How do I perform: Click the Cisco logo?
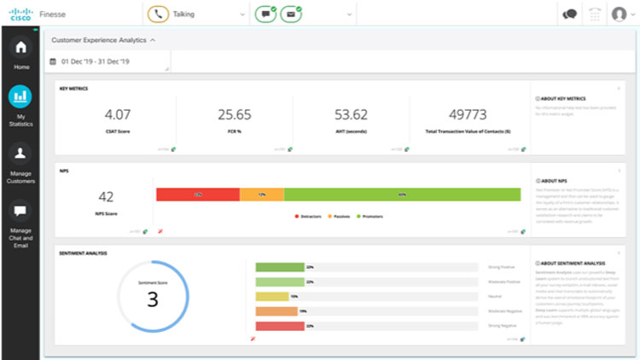pyautogui.click(x=20, y=14)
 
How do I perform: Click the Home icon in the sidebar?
pyautogui.click(x=20, y=48)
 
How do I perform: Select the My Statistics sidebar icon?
pyautogui.click(x=20, y=96)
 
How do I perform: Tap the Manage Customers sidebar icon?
pyautogui.click(x=20, y=154)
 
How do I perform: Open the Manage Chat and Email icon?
pyautogui.click(x=20, y=211)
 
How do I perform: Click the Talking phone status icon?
pyautogui.click(x=157, y=14)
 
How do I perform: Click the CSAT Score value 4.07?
pyautogui.click(x=118, y=114)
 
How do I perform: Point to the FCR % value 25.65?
pyautogui.click(x=235, y=114)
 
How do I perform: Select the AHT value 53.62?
pyautogui.click(x=351, y=114)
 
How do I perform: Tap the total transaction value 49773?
pyautogui.click(x=468, y=114)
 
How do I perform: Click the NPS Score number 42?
pyautogui.click(x=107, y=197)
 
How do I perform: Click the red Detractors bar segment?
pyautogui.click(x=197, y=195)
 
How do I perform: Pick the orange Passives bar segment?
pyautogui.click(x=261, y=195)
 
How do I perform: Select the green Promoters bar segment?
pyautogui.click(x=401, y=195)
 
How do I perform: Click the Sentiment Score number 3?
pyautogui.click(x=153, y=299)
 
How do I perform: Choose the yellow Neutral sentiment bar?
pyautogui.click(x=272, y=296)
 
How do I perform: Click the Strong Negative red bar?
pyautogui.click(x=280, y=326)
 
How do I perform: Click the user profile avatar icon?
pyautogui.click(x=620, y=14)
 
